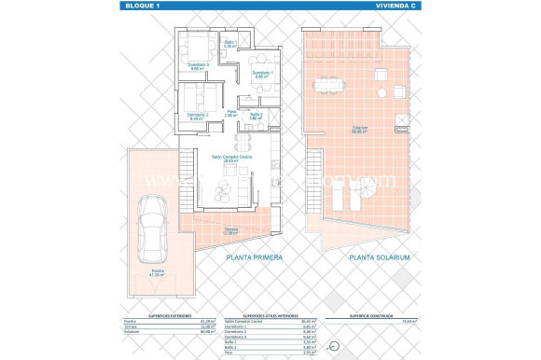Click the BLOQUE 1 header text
142,7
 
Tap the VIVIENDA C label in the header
397,7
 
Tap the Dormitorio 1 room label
261,75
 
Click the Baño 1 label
230,43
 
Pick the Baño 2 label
256,116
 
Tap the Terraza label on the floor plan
231,229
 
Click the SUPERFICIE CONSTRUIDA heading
369,316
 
